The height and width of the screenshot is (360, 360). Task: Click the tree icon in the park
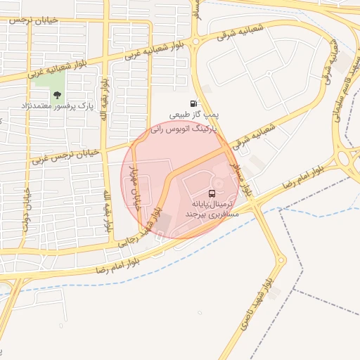point(57,95)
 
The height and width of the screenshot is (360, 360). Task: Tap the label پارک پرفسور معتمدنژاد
point(57,106)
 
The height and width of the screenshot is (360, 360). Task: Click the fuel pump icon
point(193,103)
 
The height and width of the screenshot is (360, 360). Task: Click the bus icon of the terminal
point(211,193)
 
